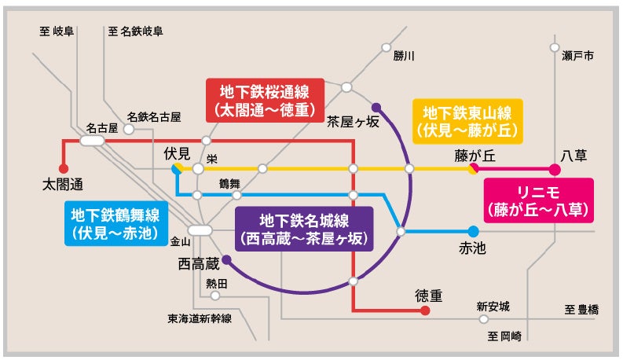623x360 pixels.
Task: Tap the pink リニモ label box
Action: click(x=538, y=200)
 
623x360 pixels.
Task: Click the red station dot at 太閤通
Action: click(x=64, y=168)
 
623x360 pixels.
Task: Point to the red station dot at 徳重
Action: click(x=425, y=310)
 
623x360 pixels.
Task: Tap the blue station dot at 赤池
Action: click(x=473, y=231)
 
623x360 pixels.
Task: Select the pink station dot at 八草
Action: click(x=555, y=169)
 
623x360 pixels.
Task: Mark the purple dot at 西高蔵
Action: click(x=226, y=259)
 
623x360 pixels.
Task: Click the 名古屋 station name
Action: click(x=101, y=127)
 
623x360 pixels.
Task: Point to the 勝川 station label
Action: click(x=404, y=56)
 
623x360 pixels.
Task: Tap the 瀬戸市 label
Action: click(x=577, y=57)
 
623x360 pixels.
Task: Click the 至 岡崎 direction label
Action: click(x=504, y=336)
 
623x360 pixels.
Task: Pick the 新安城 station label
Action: click(x=493, y=305)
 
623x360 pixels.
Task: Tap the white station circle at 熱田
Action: click(x=215, y=296)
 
